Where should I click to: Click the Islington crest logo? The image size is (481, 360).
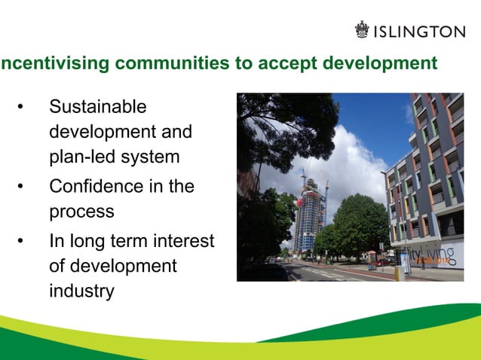364,30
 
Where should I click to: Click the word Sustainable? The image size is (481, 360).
98,107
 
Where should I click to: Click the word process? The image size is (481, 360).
81,212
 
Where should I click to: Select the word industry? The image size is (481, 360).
81,291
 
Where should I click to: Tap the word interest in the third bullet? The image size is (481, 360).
184,241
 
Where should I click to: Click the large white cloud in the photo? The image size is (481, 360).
354,162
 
